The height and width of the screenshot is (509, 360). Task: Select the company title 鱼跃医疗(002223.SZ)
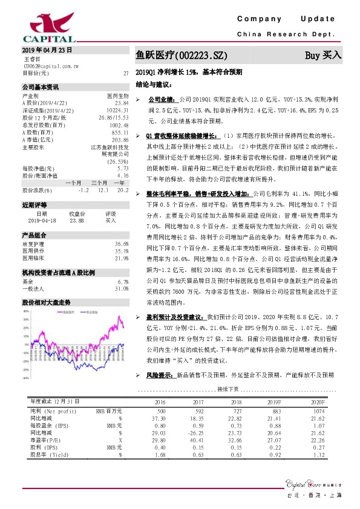click(181, 56)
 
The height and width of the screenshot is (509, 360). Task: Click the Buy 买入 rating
click(323, 55)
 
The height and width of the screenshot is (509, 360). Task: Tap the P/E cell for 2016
click(160, 441)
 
